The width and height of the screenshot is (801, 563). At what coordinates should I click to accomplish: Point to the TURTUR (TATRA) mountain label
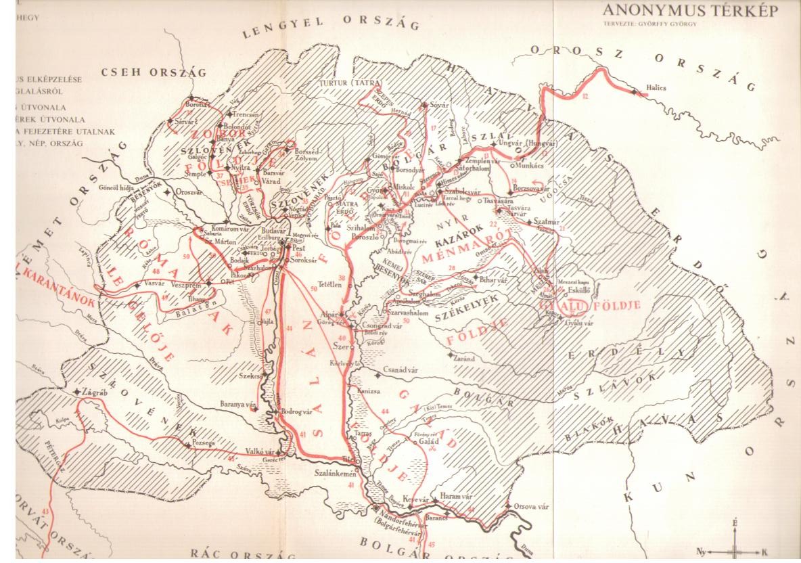coord(348,83)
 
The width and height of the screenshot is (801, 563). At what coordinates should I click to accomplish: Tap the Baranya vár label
coord(239,404)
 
